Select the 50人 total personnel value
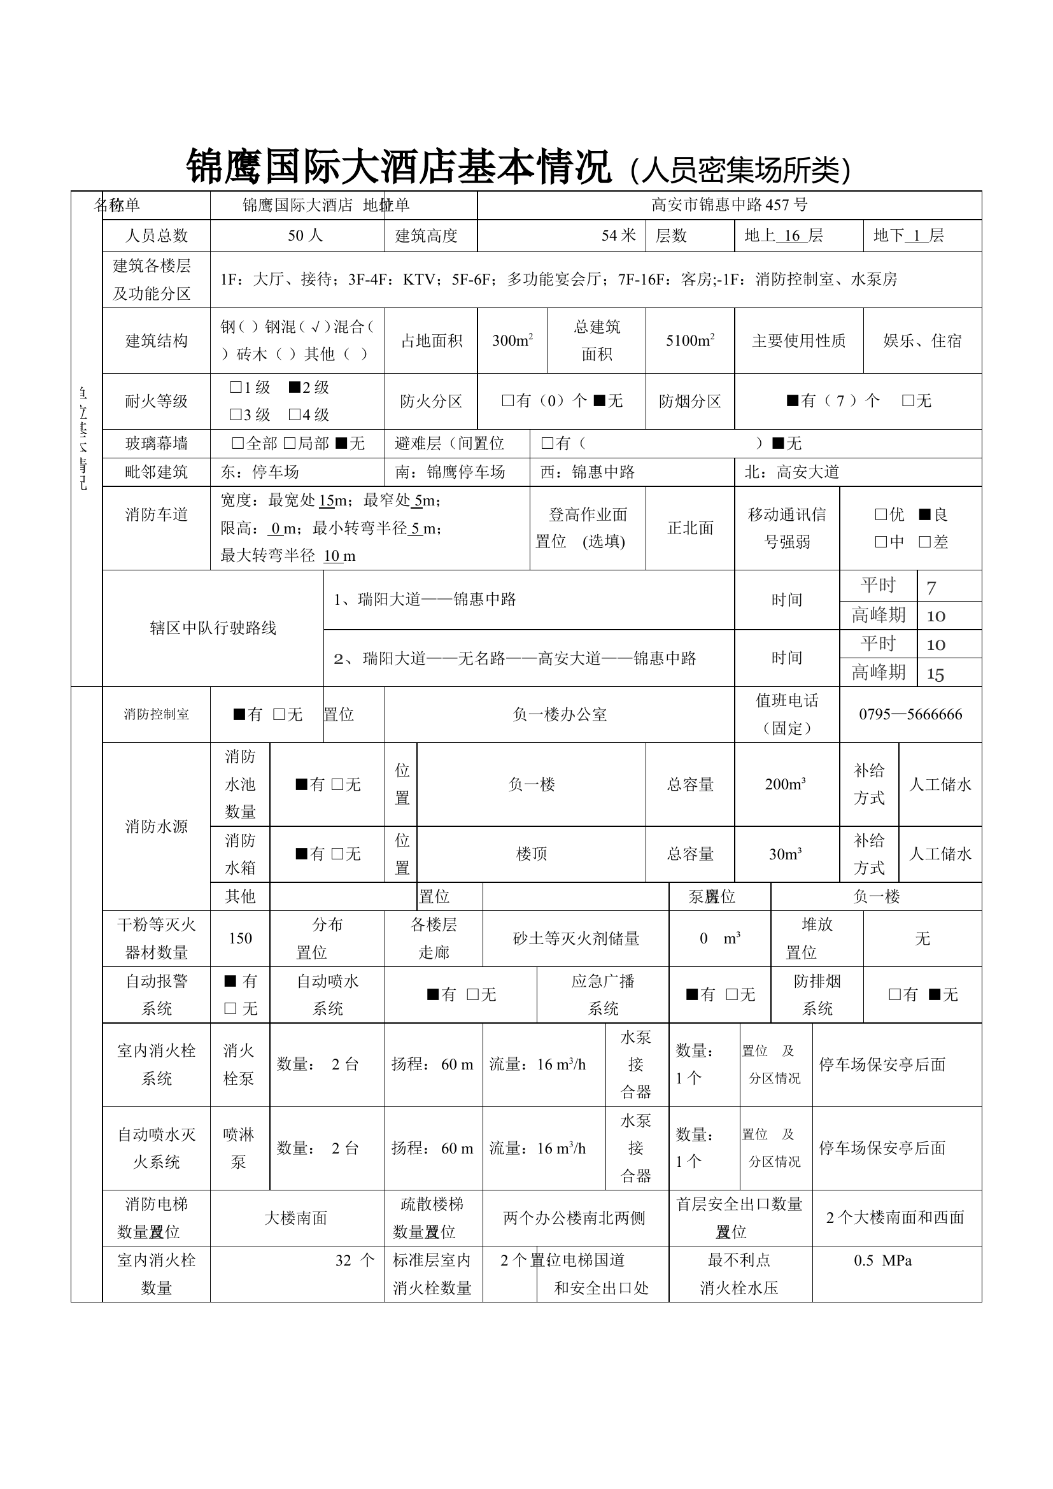[x=305, y=236]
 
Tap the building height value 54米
[x=618, y=236]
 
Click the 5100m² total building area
[x=690, y=341]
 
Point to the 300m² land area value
[x=512, y=341]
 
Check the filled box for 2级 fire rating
[x=294, y=387]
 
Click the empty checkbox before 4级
[x=294, y=414]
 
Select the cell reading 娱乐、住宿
[x=922, y=341]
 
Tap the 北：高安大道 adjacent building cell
[x=792, y=472]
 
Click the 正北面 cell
[x=690, y=528]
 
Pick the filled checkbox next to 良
[x=924, y=515]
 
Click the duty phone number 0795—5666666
[x=910, y=715]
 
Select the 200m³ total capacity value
[x=785, y=785]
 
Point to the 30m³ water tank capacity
[x=785, y=855]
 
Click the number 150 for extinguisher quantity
[x=240, y=938]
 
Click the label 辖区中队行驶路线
[x=213, y=628]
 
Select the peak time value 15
[x=935, y=674]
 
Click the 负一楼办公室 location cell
[x=560, y=715]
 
